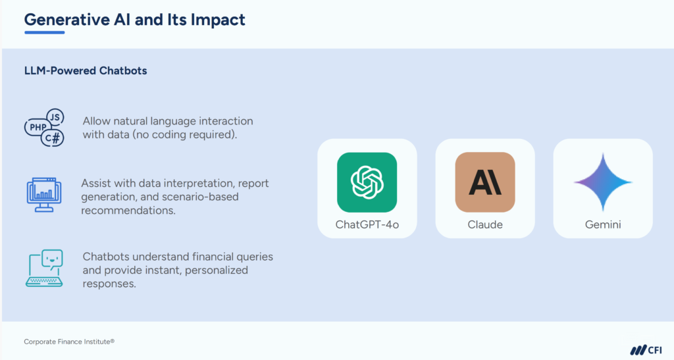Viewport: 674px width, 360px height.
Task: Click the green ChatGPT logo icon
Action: pyautogui.click(x=367, y=182)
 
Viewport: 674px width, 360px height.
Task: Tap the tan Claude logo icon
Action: pyautogui.click(x=485, y=182)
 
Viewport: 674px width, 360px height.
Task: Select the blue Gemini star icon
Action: pyautogui.click(x=603, y=182)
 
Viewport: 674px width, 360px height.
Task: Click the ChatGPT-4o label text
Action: pyautogui.click(x=367, y=225)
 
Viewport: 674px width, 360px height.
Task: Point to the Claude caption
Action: pyautogui.click(x=485, y=225)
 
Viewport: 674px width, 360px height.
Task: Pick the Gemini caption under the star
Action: pyautogui.click(x=603, y=225)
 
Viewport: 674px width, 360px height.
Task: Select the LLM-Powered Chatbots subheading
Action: pyautogui.click(x=86, y=70)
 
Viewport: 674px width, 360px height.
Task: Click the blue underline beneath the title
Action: pyautogui.click(x=44, y=32)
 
